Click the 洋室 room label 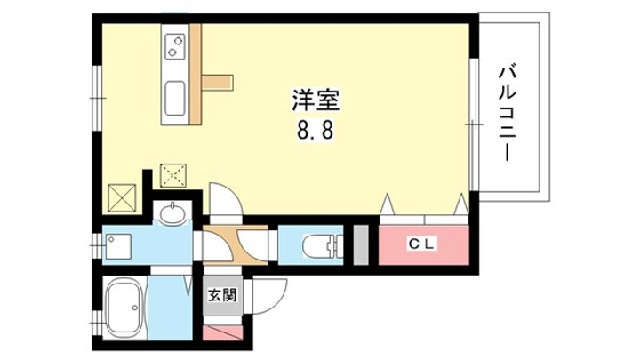click(316, 100)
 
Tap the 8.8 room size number click(315, 131)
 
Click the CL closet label click(423, 244)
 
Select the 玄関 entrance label click(223, 295)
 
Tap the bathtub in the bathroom click(124, 306)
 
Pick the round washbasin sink click(172, 213)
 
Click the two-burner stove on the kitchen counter click(175, 45)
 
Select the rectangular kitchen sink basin click(175, 99)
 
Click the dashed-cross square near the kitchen click(173, 175)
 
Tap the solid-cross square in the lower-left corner click(122, 198)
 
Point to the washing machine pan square click(118, 246)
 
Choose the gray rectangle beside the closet click(361, 244)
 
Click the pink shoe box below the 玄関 click(223, 332)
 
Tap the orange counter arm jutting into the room click(217, 82)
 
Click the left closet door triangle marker click(387, 204)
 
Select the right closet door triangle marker click(461, 204)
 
